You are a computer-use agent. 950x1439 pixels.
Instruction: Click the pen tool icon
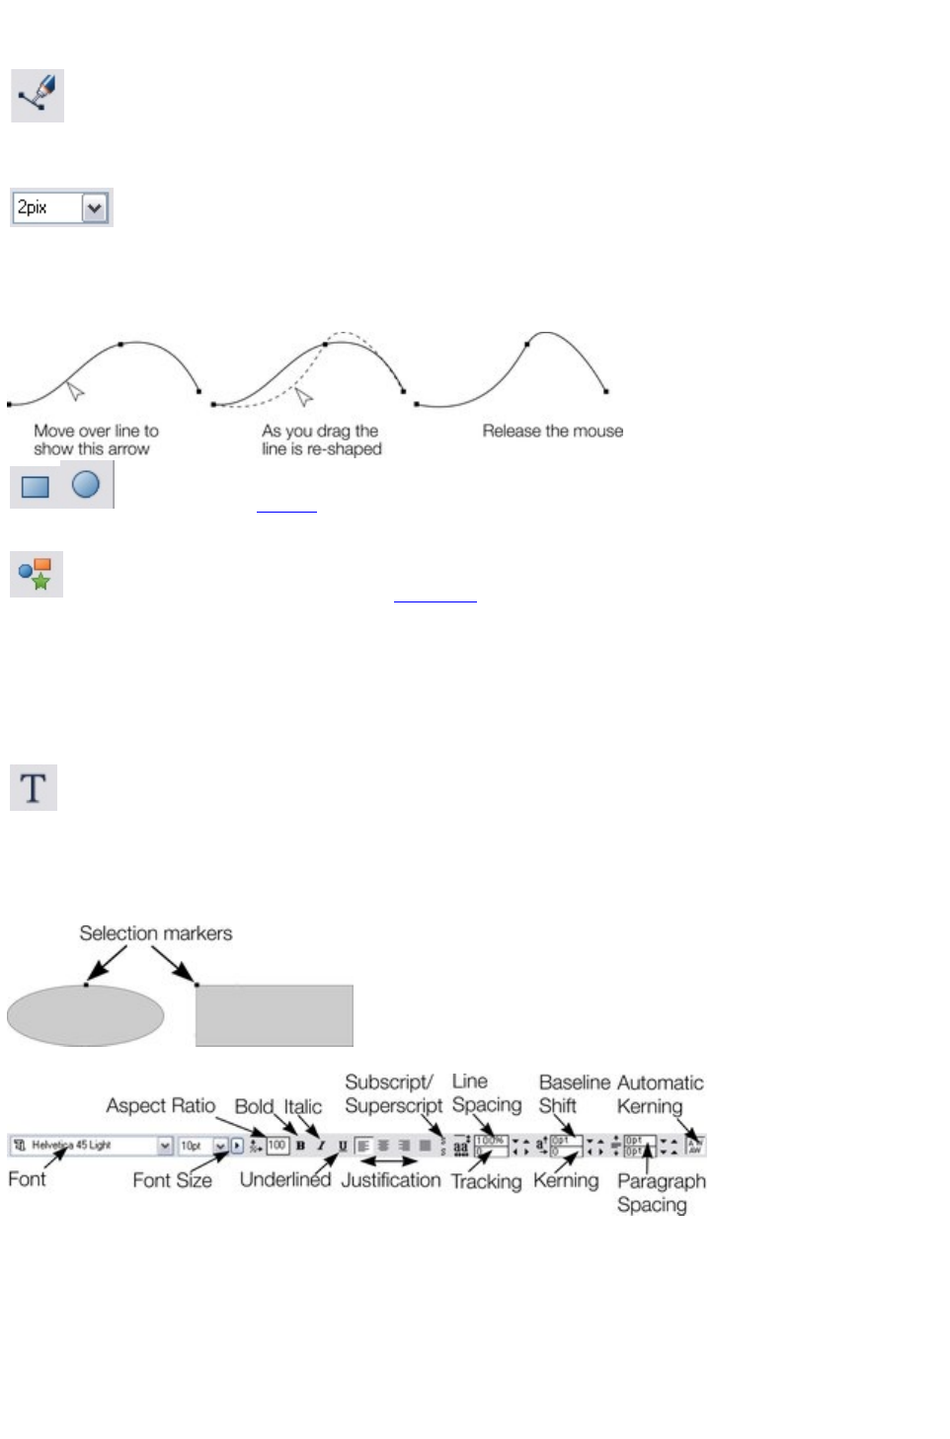pos(38,96)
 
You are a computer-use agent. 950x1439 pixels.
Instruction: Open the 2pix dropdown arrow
pos(95,208)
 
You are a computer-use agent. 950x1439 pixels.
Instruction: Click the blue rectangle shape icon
pos(36,487)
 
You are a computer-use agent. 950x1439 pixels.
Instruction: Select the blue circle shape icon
pos(86,484)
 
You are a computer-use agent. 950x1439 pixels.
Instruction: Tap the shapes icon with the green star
pos(37,574)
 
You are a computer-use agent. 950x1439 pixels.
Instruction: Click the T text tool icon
pos(34,788)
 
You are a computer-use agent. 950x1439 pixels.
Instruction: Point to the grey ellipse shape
pos(85,1015)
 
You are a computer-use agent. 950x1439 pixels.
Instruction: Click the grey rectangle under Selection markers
pos(274,1015)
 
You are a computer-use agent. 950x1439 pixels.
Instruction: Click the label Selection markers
pos(156,933)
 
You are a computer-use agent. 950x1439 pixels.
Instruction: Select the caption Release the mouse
pos(552,431)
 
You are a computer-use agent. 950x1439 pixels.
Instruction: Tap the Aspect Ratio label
pos(160,1105)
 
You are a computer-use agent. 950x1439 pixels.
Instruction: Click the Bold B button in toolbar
pos(300,1146)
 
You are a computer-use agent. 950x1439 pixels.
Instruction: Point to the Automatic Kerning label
pos(660,1094)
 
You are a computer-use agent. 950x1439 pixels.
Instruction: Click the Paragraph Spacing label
pos(661,1192)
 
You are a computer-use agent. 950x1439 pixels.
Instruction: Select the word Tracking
pos(486,1181)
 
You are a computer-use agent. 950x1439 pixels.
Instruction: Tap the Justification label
pos(391,1180)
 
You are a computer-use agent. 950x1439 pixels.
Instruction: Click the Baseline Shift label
pos(574,1094)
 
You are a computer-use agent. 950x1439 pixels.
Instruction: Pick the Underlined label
pos(284,1179)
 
